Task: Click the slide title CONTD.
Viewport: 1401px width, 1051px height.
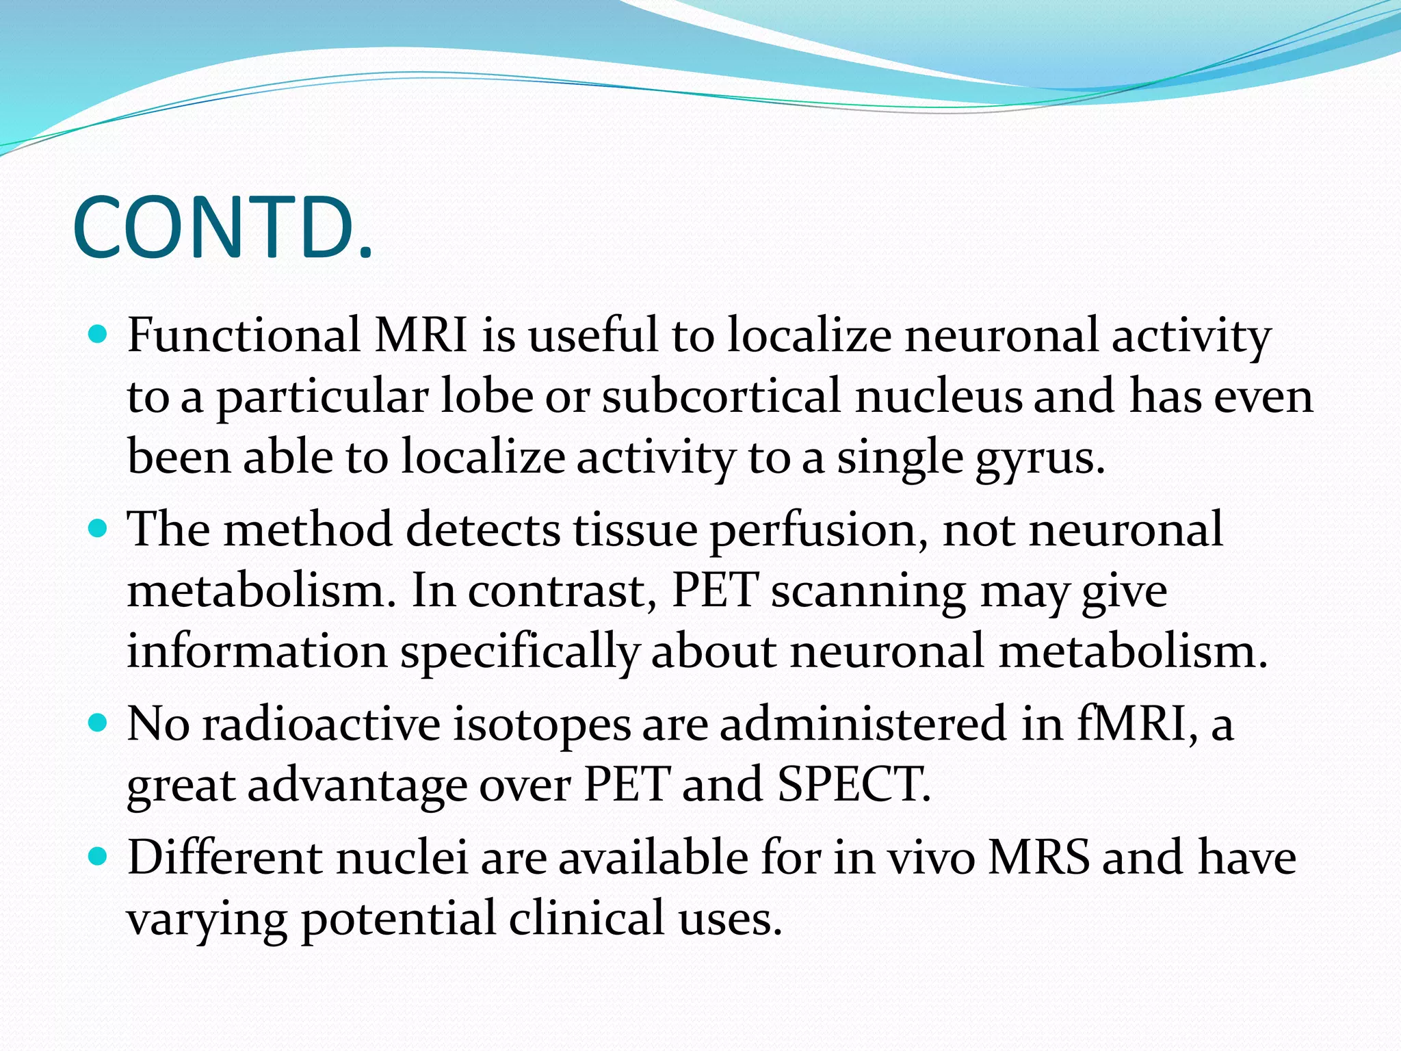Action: pos(222,228)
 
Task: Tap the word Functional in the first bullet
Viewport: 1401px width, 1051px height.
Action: pos(244,335)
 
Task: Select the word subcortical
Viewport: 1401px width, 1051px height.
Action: pos(721,396)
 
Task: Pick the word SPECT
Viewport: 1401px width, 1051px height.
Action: pos(853,784)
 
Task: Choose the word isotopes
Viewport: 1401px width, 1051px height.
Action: pos(542,724)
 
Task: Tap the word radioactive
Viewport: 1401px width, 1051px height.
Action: pos(321,724)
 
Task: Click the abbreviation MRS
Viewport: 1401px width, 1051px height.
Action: pos(1038,857)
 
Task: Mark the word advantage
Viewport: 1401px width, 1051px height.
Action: pos(357,784)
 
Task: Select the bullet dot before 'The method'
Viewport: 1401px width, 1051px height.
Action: pos(99,528)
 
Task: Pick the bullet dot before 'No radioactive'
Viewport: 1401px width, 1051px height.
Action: pos(99,723)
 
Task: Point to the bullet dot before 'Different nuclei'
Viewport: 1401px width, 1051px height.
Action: pos(99,856)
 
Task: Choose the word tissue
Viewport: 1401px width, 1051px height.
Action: pos(635,530)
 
